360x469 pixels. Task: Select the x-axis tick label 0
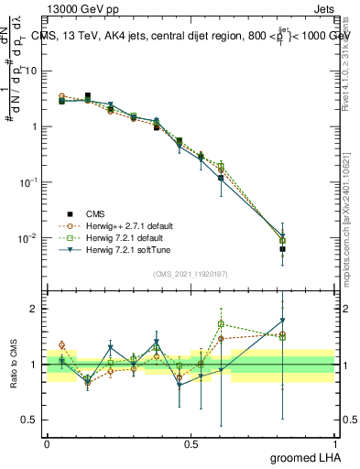tap(47, 442)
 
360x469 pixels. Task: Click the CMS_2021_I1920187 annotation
tap(191, 274)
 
